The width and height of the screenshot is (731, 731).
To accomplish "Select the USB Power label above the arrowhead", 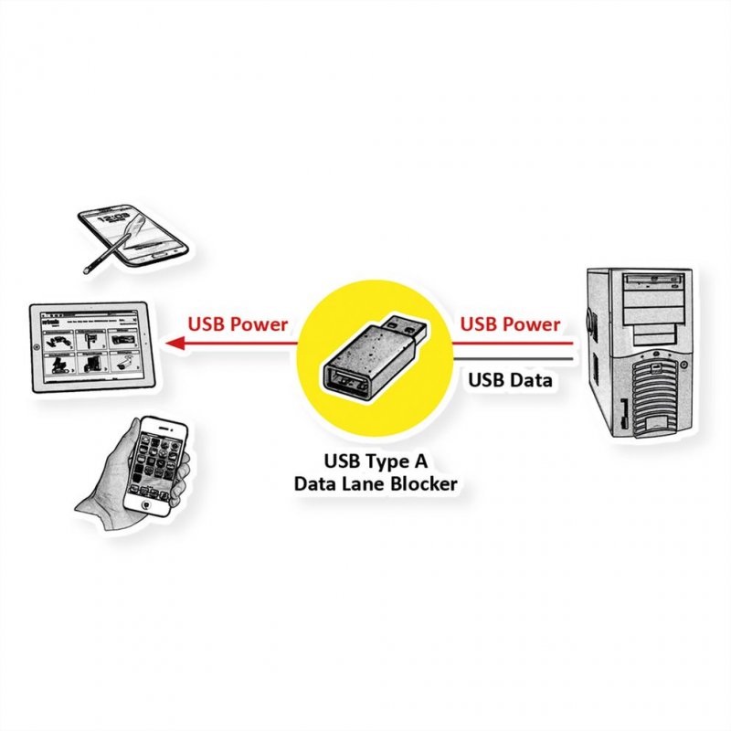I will pyautogui.click(x=238, y=323).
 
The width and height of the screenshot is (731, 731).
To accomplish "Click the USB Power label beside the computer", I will pyautogui.click(x=510, y=323).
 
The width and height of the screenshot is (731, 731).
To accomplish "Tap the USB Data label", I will pyautogui.click(x=510, y=379).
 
